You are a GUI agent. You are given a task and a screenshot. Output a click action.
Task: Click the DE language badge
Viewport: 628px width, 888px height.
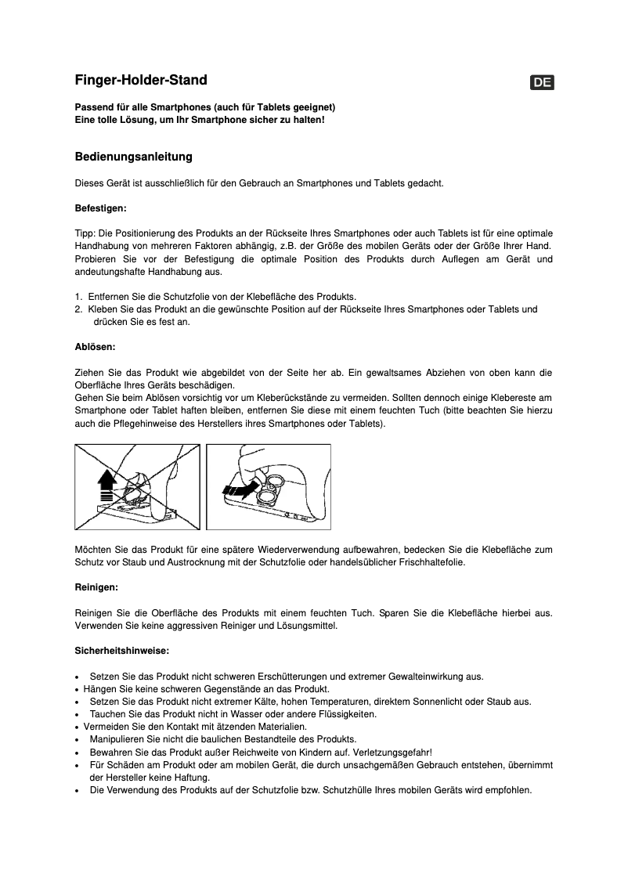tap(542, 83)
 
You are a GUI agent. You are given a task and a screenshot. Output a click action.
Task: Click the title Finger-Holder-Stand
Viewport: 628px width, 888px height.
tap(141, 80)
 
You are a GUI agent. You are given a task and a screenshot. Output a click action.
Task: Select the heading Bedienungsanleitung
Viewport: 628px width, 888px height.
tap(133, 157)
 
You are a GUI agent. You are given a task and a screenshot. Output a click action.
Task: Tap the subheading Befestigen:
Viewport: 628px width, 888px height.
tap(100, 209)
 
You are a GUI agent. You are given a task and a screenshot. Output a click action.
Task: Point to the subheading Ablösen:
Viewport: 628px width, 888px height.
tap(96, 346)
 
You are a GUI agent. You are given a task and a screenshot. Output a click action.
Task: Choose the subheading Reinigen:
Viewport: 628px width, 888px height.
tap(96, 587)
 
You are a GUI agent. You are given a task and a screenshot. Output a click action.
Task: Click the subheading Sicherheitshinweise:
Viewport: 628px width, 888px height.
tap(121, 651)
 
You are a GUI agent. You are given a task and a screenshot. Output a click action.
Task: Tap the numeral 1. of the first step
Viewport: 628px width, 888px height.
tap(79, 297)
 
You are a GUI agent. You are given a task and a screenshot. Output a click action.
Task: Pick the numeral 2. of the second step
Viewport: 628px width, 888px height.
tap(79, 309)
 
